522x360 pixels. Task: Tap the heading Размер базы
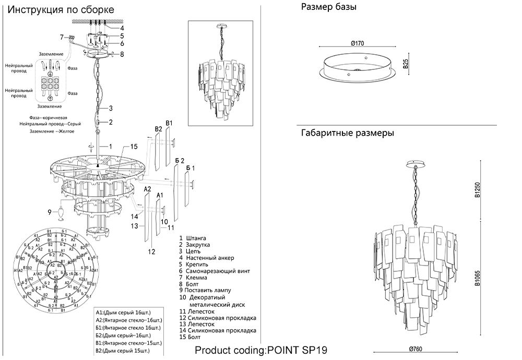point(328,7)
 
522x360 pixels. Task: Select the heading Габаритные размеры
point(347,133)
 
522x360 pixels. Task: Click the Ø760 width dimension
point(416,349)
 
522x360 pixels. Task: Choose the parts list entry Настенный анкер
point(206,258)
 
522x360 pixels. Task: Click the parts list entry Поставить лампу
point(207,290)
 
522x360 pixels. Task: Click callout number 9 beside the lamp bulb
point(50,212)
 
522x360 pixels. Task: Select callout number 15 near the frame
point(134,146)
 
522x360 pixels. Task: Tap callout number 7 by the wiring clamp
point(61,37)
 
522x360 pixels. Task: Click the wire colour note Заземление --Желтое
point(52,131)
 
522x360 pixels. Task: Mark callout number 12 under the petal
point(152,251)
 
